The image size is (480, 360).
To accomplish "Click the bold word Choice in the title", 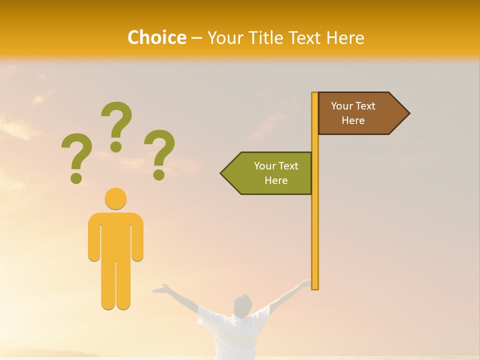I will pos(156,37).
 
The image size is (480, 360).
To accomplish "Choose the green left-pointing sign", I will pos(270,173).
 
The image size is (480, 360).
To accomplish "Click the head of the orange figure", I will pos(115,198).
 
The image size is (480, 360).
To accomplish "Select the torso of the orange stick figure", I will pos(115,235).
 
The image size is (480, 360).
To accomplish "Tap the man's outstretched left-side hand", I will pos(159,288).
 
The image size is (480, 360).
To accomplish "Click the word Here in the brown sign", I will pos(353,120).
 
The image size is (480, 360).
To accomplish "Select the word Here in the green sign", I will pos(276,180).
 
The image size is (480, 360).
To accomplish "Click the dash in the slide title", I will pos(197,38).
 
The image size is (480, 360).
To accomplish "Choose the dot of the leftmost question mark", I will pos(76,177).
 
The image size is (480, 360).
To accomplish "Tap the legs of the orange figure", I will pos(115,285).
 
